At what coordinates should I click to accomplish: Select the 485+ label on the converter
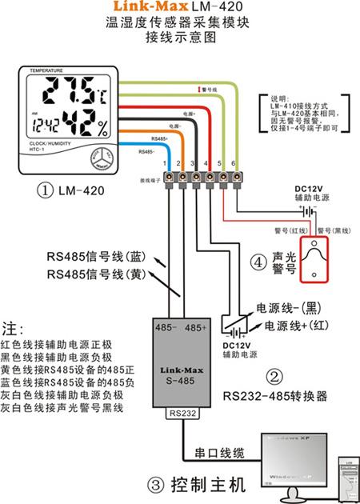coord(197,328)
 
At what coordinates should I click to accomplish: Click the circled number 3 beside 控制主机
coord(157,484)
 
